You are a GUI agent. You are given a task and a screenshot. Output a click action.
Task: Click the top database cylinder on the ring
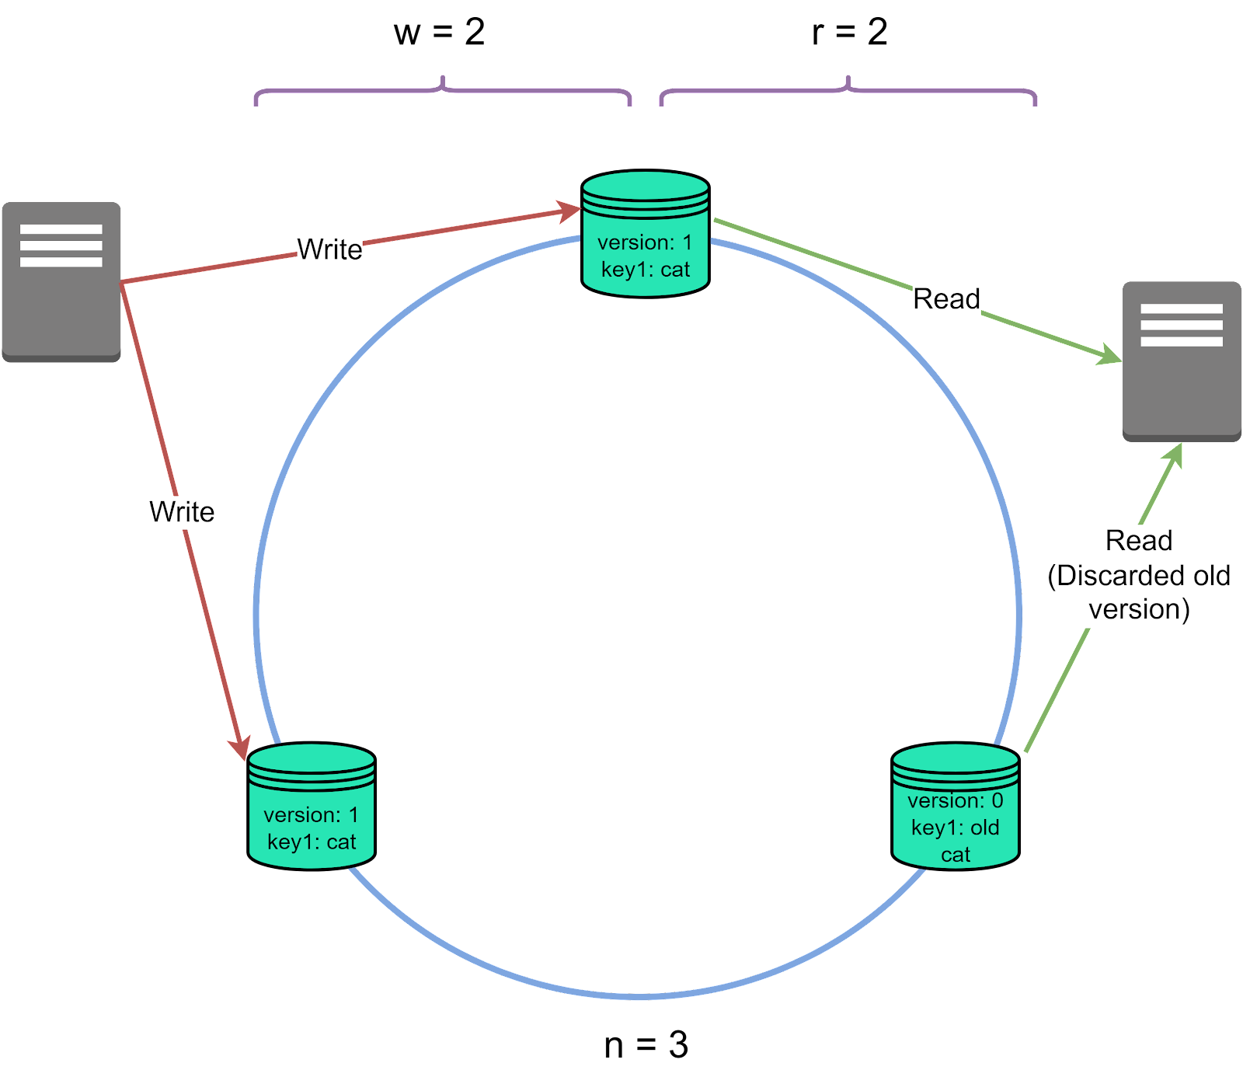point(645,233)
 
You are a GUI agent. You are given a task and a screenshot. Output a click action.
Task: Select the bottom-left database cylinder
point(311,807)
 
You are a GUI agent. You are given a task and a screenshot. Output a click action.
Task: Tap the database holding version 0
point(955,807)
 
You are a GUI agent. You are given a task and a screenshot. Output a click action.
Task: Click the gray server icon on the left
point(61,282)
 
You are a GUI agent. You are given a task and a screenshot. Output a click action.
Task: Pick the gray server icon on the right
point(1181,361)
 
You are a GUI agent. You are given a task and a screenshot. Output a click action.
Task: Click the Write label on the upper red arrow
point(329,250)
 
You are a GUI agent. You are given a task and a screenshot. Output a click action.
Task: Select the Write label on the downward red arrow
point(182,513)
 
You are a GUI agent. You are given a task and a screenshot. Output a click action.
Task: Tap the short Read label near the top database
point(946,299)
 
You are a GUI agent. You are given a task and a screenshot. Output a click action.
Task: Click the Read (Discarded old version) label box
point(1139,576)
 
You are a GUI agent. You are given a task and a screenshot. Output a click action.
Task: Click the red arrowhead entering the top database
point(570,211)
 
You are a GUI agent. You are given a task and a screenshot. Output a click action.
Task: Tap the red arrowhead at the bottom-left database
point(240,748)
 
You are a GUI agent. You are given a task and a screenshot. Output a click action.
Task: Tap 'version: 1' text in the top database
point(645,242)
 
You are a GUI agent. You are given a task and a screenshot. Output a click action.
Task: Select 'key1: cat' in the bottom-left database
point(311,842)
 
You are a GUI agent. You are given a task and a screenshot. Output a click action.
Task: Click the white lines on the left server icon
point(61,246)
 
